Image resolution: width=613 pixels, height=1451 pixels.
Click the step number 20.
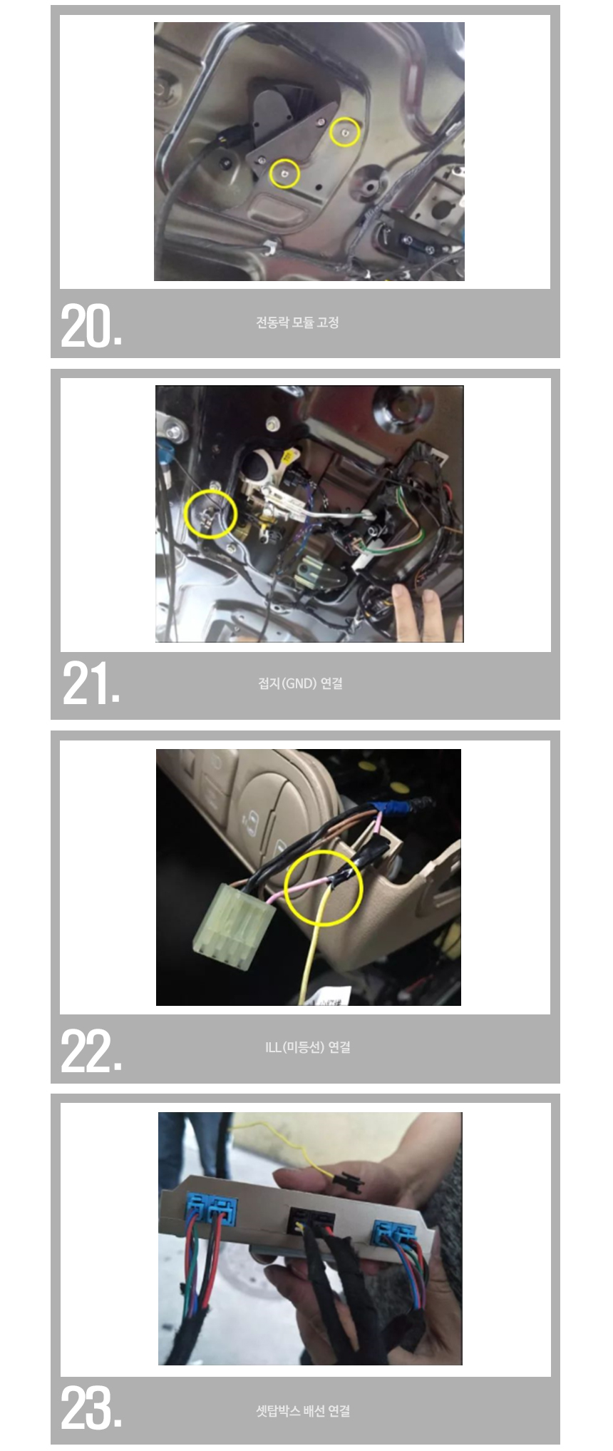91,326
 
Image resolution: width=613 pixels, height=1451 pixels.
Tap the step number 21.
91,683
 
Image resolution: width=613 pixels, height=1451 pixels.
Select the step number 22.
91,1051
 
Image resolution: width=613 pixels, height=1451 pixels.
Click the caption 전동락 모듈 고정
297,322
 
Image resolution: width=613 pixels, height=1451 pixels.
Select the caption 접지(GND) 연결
300,683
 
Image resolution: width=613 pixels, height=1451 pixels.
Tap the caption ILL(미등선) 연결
307,1047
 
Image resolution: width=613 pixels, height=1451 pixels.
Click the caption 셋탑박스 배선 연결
303,1410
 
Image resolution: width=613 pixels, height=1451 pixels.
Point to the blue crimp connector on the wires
395,808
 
